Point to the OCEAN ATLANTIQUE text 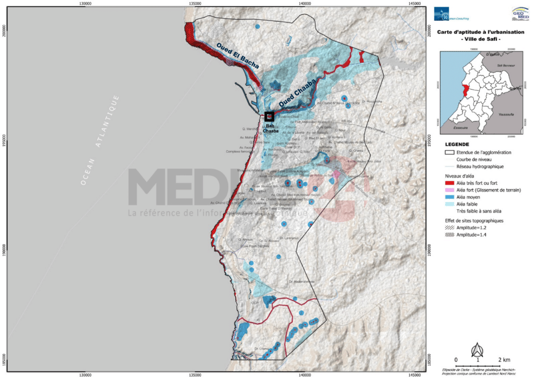[100, 140]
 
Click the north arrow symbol [477, 349]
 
